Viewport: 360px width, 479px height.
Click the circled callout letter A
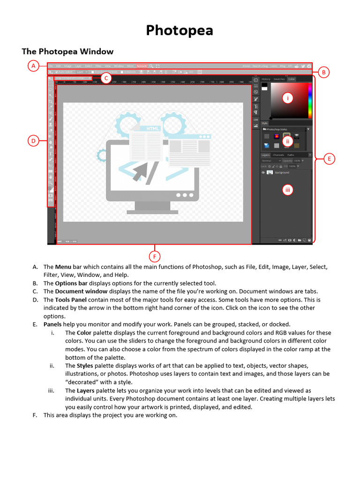[33, 66]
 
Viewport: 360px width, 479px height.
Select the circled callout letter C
[106, 78]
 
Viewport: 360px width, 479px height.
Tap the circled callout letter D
[33, 140]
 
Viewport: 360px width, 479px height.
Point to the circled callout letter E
[329, 159]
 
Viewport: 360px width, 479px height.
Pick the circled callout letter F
[154, 256]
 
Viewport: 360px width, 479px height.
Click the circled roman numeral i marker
[287, 98]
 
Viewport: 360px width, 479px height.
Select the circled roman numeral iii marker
[287, 189]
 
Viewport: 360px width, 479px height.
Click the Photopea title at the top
[180, 30]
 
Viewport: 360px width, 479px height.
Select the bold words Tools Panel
[71, 300]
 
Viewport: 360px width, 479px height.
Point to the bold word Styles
[85, 366]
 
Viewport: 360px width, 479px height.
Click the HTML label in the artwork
[153, 128]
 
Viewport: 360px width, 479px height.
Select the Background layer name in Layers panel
[282, 173]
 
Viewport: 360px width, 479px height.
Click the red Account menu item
[142, 66]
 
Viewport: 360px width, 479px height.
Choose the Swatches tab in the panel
[279, 80]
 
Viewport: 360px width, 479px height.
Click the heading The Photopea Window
[67, 51]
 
